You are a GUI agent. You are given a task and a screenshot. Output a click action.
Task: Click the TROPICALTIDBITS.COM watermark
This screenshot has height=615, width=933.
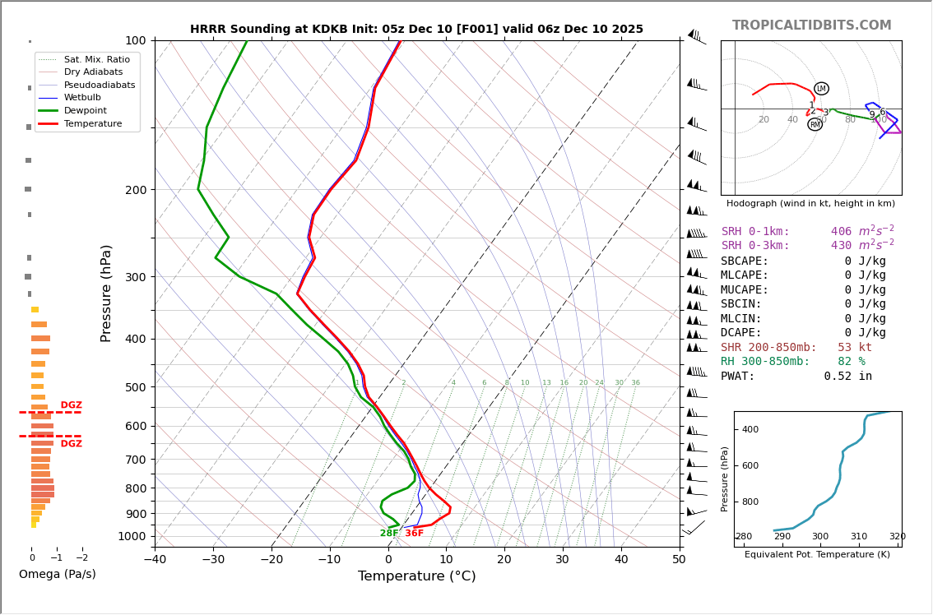[811, 25]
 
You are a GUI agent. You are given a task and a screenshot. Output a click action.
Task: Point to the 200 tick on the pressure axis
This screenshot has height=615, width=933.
[136, 190]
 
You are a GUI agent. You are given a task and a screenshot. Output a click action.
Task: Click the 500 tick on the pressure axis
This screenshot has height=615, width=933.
[136, 387]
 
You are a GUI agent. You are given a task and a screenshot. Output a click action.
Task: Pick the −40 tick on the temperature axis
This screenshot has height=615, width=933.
[155, 561]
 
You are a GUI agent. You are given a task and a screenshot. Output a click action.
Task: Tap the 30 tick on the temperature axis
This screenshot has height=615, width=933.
[562, 561]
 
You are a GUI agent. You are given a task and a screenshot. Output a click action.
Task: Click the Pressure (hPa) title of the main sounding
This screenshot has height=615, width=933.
[107, 293]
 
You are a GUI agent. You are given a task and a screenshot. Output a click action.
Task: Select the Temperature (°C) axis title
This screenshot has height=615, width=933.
[416, 576]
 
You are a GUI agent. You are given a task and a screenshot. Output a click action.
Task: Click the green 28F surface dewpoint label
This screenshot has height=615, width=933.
[389, 534]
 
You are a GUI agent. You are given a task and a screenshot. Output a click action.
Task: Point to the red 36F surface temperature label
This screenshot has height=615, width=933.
[414, 534]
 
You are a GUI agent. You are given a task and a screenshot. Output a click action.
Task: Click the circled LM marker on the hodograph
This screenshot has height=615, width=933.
[821, 89]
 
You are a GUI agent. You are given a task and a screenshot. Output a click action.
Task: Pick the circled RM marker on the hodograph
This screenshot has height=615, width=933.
[815, 124]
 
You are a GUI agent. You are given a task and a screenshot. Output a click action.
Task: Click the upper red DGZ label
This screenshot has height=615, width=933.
[71, 405]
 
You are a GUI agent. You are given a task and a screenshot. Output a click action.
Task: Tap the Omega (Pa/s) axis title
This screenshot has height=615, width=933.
[58, 575]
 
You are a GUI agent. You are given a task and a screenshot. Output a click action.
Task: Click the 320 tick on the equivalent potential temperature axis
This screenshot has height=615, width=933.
[897, 537]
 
